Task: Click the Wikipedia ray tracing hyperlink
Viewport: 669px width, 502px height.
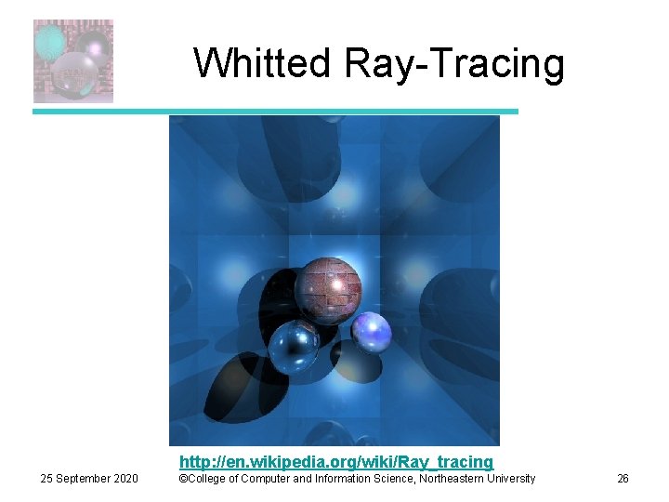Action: tap(335, 461)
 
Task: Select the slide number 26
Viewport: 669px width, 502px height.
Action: tap(623, 479)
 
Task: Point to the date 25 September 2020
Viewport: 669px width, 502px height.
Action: tap(89, 479)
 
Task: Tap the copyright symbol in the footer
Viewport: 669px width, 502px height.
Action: tap(183, 479)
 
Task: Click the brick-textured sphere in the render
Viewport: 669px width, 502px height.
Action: tap(328, 290)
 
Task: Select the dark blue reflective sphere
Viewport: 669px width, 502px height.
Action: tap(294, 348)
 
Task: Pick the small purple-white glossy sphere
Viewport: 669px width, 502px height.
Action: tap(371, 331)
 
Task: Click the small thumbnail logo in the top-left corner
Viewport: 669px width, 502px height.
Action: tap(73, 61)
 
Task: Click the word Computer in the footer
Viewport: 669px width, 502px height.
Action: tap(263, 479)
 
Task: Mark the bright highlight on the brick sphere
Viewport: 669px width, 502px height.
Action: tap(343, 278)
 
